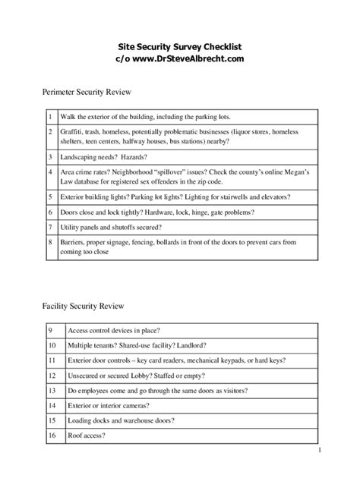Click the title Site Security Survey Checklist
pos(179,46)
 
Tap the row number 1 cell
pos(49,118)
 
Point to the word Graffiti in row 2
pos(71,132)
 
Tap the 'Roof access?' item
pos(87,436)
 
